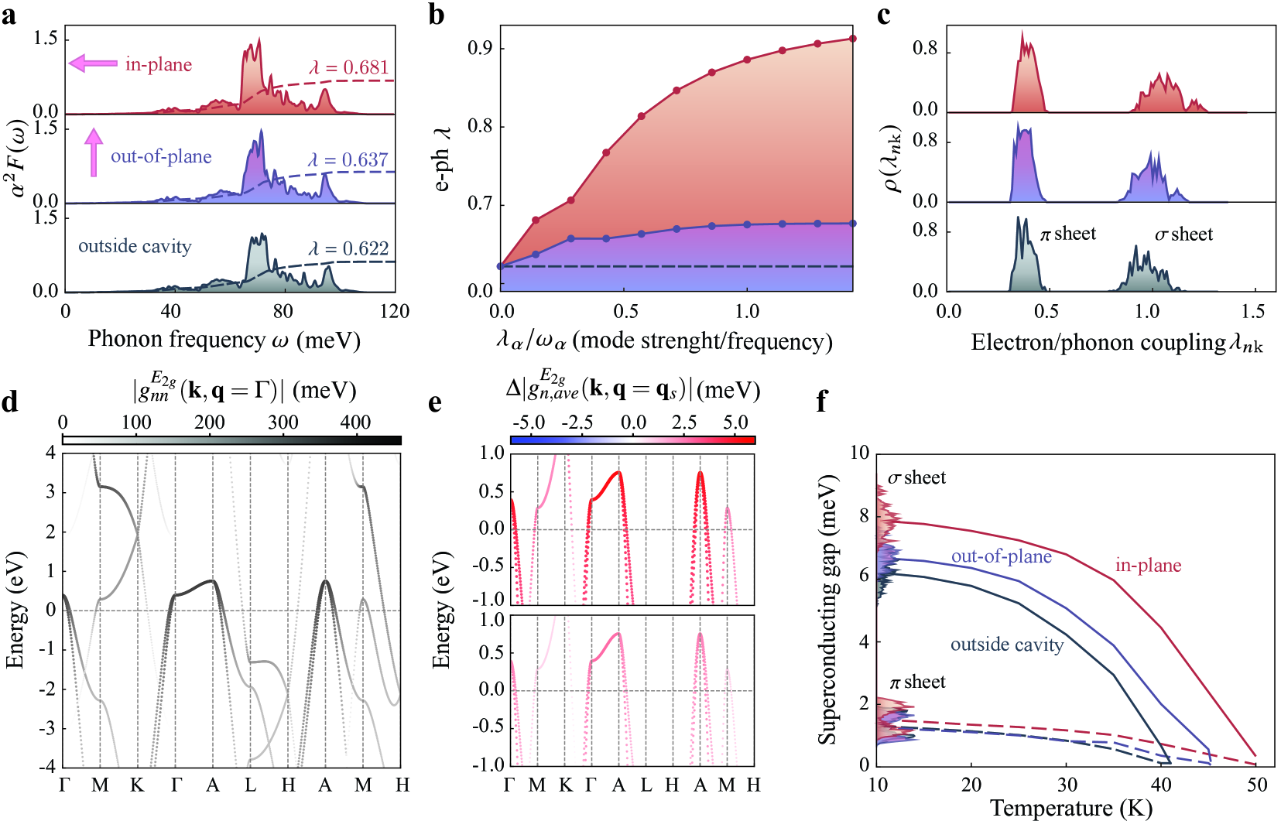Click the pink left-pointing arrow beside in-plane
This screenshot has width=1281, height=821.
(92, 63)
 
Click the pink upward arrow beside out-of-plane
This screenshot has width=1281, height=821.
(94, 152)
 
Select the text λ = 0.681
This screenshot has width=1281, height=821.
(349, 67)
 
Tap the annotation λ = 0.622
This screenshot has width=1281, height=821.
(348, 248)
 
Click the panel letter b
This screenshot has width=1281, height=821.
(437, 15)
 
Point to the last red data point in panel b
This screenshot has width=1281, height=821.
(852, 39)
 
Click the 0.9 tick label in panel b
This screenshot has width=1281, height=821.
(480, 48)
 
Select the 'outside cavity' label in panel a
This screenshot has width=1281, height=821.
(135, 246)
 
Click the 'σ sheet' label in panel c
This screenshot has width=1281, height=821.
(1183, 234)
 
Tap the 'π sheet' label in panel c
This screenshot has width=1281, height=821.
(1068, 234)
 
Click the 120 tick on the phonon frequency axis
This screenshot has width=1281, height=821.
(395, 311)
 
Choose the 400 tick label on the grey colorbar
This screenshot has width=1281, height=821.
(355, 422)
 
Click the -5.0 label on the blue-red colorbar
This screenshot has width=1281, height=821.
(529, 422)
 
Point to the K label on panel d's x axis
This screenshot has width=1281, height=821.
(137, 785)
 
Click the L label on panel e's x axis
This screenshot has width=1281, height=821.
(646, 785)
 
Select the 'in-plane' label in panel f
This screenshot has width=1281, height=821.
(1148, 566)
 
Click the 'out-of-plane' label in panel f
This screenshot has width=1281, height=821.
(1001, 556)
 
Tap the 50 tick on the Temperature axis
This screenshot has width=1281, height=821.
(1257, 785)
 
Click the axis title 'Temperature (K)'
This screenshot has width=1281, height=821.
(1071, 809)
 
